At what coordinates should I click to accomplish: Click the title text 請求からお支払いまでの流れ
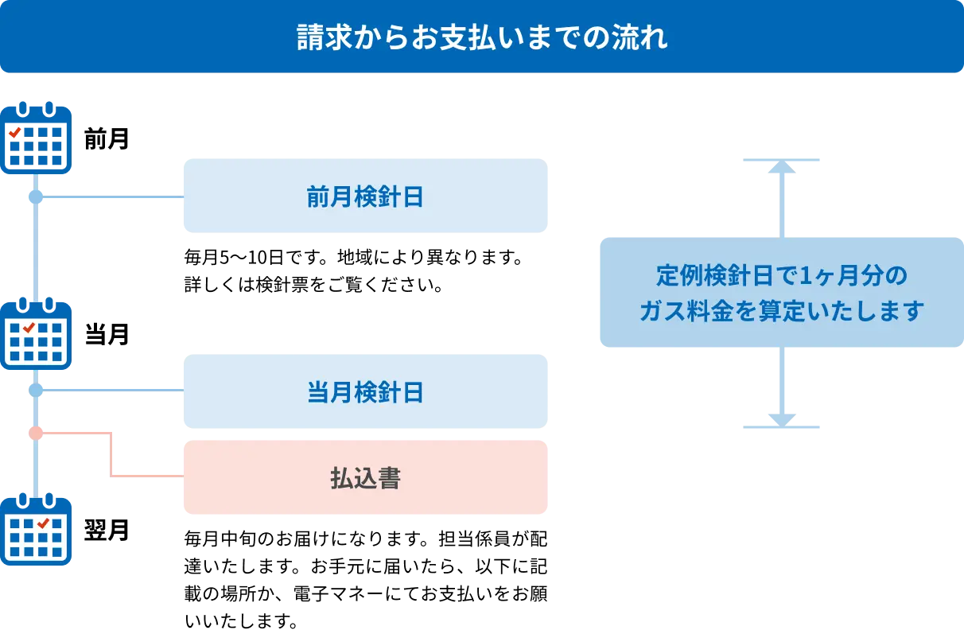click(482, 38)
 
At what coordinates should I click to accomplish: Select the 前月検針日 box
click(365, 196)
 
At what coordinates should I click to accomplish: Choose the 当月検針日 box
click(365, 391)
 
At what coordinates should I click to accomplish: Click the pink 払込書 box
click(365, 477)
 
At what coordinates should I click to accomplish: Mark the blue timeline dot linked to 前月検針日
click(35, 196)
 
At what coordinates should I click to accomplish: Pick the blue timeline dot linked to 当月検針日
click(35, 391)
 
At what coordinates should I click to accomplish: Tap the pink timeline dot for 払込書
click(35, 433)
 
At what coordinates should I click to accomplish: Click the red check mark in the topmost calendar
click(14, 133)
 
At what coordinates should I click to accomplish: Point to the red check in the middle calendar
click(29, 328)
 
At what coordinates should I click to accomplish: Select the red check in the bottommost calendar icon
click(44, 523)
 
